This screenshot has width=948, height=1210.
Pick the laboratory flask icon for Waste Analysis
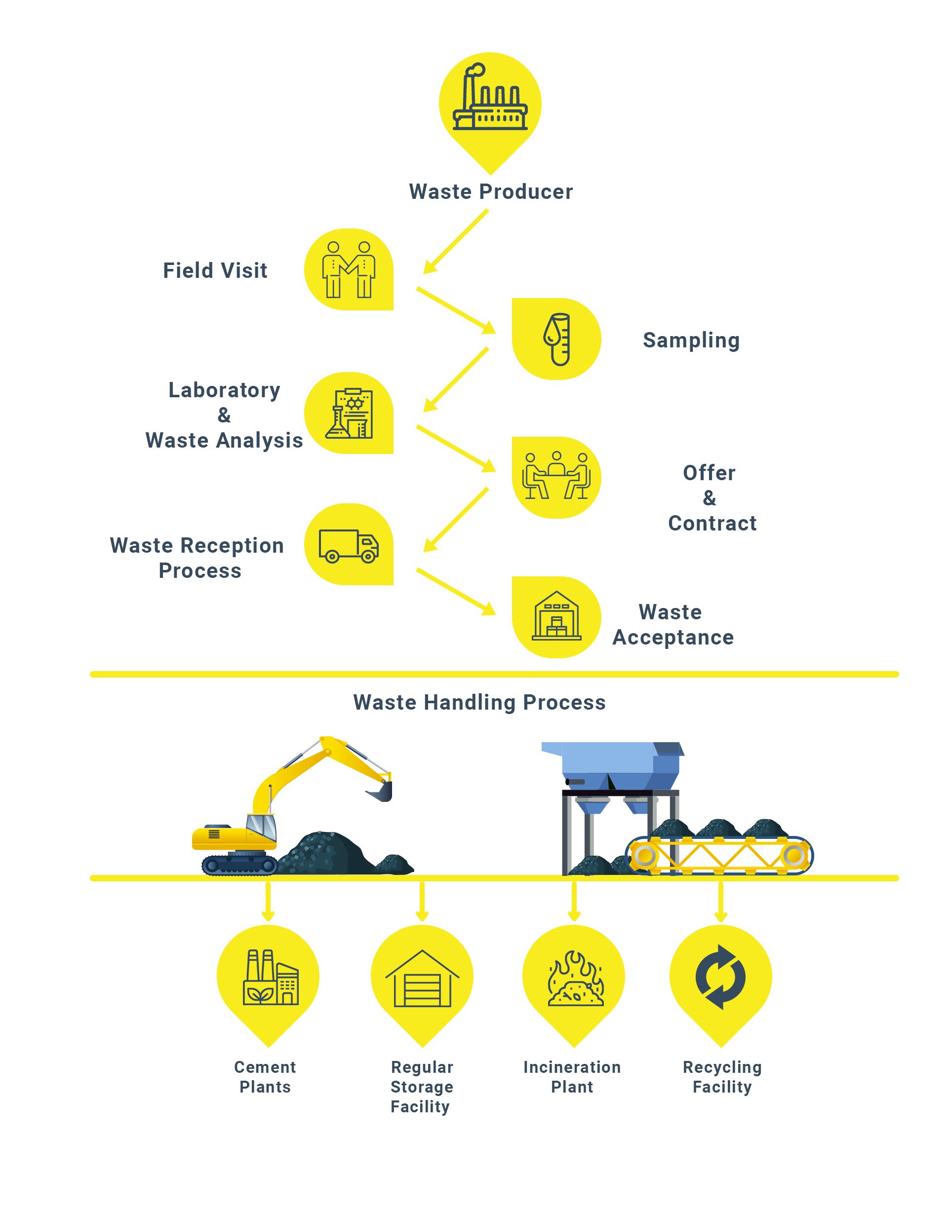[349, 414]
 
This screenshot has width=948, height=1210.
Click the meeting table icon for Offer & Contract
[556, 477]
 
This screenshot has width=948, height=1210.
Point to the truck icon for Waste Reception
[349, 546]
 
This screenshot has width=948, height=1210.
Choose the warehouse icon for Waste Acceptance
[556, 616]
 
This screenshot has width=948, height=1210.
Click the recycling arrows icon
[720, 977]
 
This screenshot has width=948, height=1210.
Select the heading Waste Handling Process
[479, 702]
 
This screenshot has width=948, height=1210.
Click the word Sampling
[691, 340]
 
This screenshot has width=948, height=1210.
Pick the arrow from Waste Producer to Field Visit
[455, 242]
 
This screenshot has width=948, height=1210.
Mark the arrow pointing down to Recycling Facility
[720, 901]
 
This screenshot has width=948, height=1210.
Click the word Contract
[712, 523]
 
